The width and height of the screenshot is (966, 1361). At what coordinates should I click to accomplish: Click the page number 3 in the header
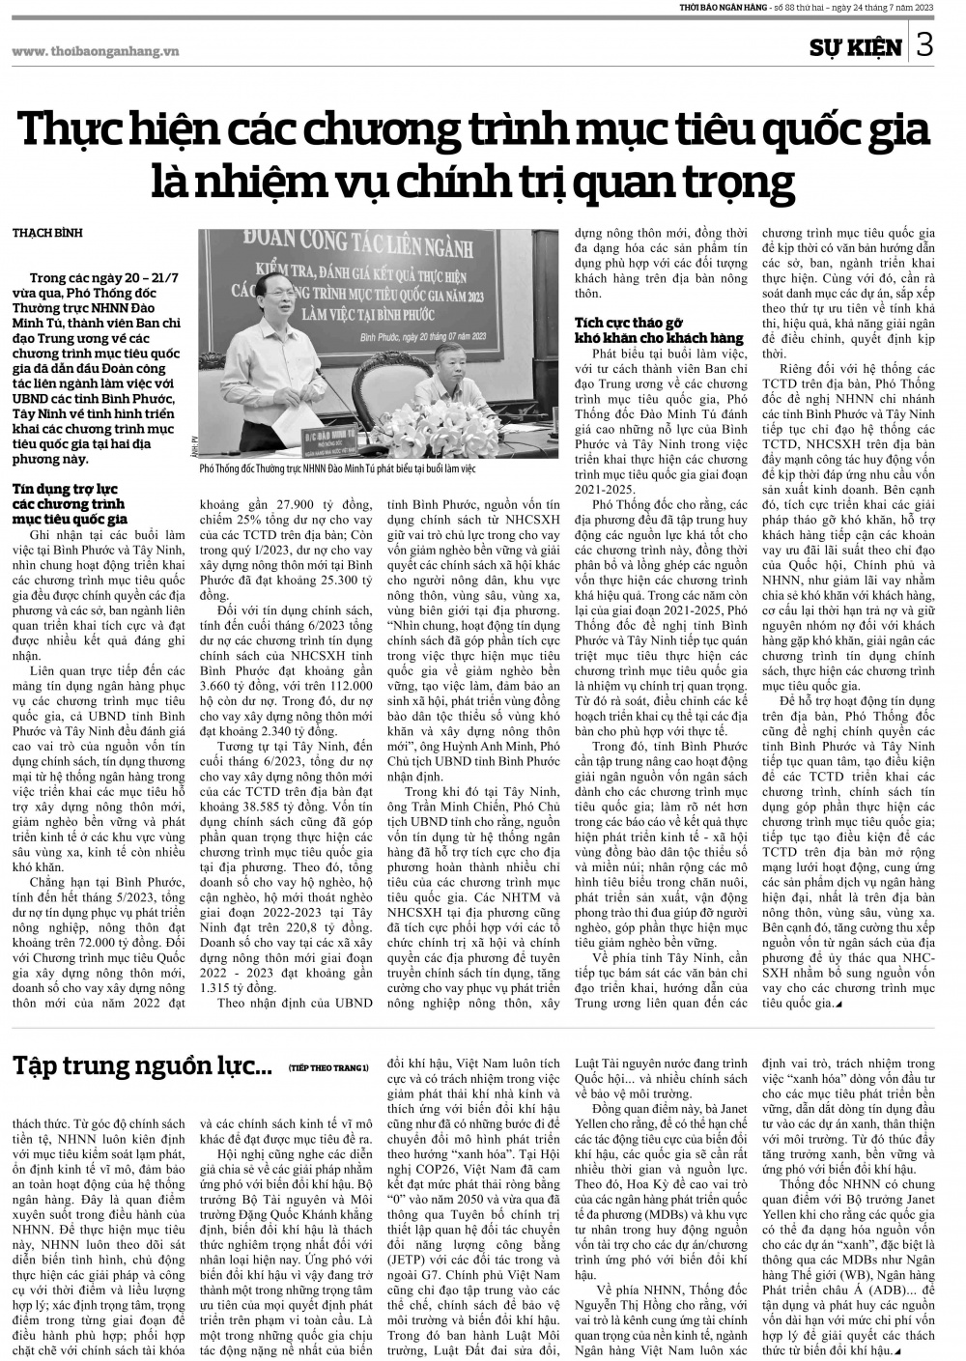[x=924, y=45]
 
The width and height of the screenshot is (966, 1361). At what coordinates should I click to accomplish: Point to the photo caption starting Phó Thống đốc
[x=337, y=469]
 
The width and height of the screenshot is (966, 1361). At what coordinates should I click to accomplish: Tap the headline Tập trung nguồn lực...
[x=142, y=1065]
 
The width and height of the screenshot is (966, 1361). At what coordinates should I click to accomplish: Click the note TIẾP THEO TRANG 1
[x=328, y=1068]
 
